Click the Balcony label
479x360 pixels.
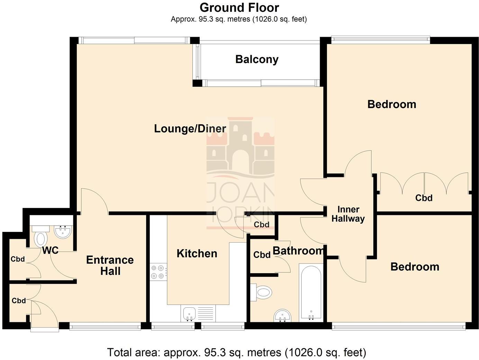point(257,59)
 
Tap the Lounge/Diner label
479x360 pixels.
point(190,128)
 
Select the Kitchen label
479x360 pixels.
point(197,253)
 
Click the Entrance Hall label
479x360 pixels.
point(110,265)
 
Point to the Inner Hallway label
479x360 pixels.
point(348,214)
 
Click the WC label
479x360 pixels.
point(50,250)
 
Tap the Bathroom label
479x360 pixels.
point(298,251)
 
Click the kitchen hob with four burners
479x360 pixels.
point(158,272)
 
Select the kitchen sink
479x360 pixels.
point(189,314)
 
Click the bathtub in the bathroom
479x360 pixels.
point(311,293)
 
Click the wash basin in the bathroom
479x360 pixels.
point(283,316)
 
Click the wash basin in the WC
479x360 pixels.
point(63,231)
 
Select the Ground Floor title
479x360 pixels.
point(239,7)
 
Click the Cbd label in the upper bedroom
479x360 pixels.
point(424,198)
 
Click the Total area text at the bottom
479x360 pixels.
point(236,352)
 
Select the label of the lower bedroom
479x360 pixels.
point(415,267)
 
